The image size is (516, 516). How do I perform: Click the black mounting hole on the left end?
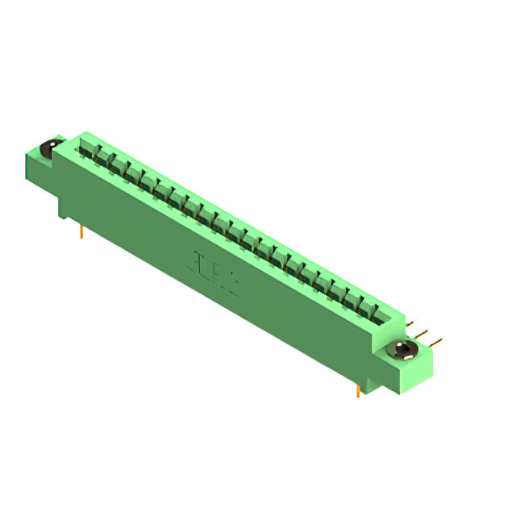(x=48, y=149)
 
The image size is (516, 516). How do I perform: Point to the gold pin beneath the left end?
(x=81, y=231)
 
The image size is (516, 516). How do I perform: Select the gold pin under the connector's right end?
(x=358, y=391)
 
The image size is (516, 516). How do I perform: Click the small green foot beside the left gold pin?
(x=64, y=210)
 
